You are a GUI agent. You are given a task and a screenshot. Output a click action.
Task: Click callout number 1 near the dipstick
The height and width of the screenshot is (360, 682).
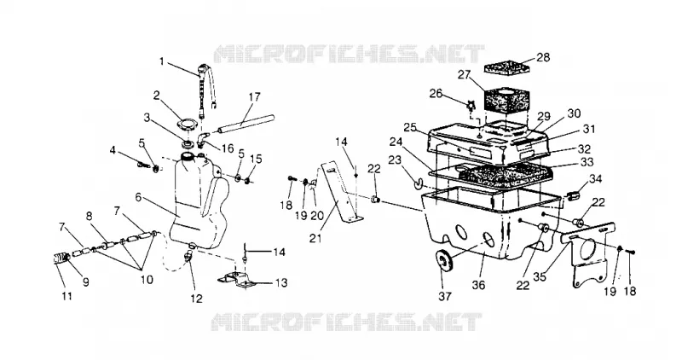[162, 61]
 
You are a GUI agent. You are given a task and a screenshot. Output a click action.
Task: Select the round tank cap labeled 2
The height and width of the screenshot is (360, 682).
[188, 123]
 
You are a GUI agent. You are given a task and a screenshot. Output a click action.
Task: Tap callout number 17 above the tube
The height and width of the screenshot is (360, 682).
[254, 96]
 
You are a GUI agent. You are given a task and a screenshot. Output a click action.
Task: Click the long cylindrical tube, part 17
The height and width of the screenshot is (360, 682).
[246, 124]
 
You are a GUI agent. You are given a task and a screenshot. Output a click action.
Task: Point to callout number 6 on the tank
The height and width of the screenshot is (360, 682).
[138, 197]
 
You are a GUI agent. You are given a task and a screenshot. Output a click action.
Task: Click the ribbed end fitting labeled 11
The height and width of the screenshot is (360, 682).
[61, 258]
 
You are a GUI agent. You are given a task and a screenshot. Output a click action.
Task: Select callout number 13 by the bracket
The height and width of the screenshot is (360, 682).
[281, 282]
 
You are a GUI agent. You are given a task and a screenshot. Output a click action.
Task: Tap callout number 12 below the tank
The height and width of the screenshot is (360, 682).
[197, 299]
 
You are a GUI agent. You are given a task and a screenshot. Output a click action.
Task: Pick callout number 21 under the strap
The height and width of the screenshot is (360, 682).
[316, 238]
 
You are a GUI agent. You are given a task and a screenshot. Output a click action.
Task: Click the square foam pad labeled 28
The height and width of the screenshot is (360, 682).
[505, 68]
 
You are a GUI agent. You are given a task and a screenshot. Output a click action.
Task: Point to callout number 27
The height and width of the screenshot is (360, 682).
[464, 75]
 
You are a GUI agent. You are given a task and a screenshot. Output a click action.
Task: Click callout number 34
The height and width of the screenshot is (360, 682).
[595, 179]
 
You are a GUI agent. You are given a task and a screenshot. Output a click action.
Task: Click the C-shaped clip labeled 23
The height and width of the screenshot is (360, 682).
[416, 184]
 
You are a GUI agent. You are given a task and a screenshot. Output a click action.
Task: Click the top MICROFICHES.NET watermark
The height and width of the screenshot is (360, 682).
[350, 54]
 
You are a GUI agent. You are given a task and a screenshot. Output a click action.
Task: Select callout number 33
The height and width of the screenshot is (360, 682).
[587, 162]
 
